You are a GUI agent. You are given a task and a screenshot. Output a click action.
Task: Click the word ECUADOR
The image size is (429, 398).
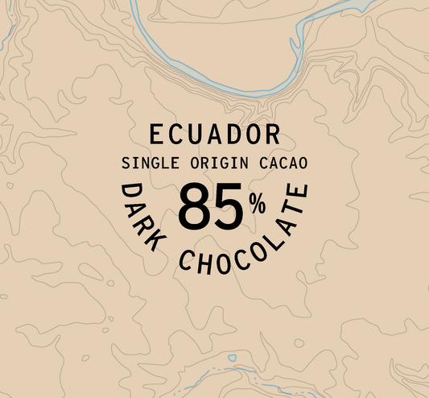point(214,134)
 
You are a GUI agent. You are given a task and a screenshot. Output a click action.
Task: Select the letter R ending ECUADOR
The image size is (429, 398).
point(271,134)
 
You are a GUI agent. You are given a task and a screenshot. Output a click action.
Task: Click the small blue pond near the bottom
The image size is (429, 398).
point(233,358)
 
